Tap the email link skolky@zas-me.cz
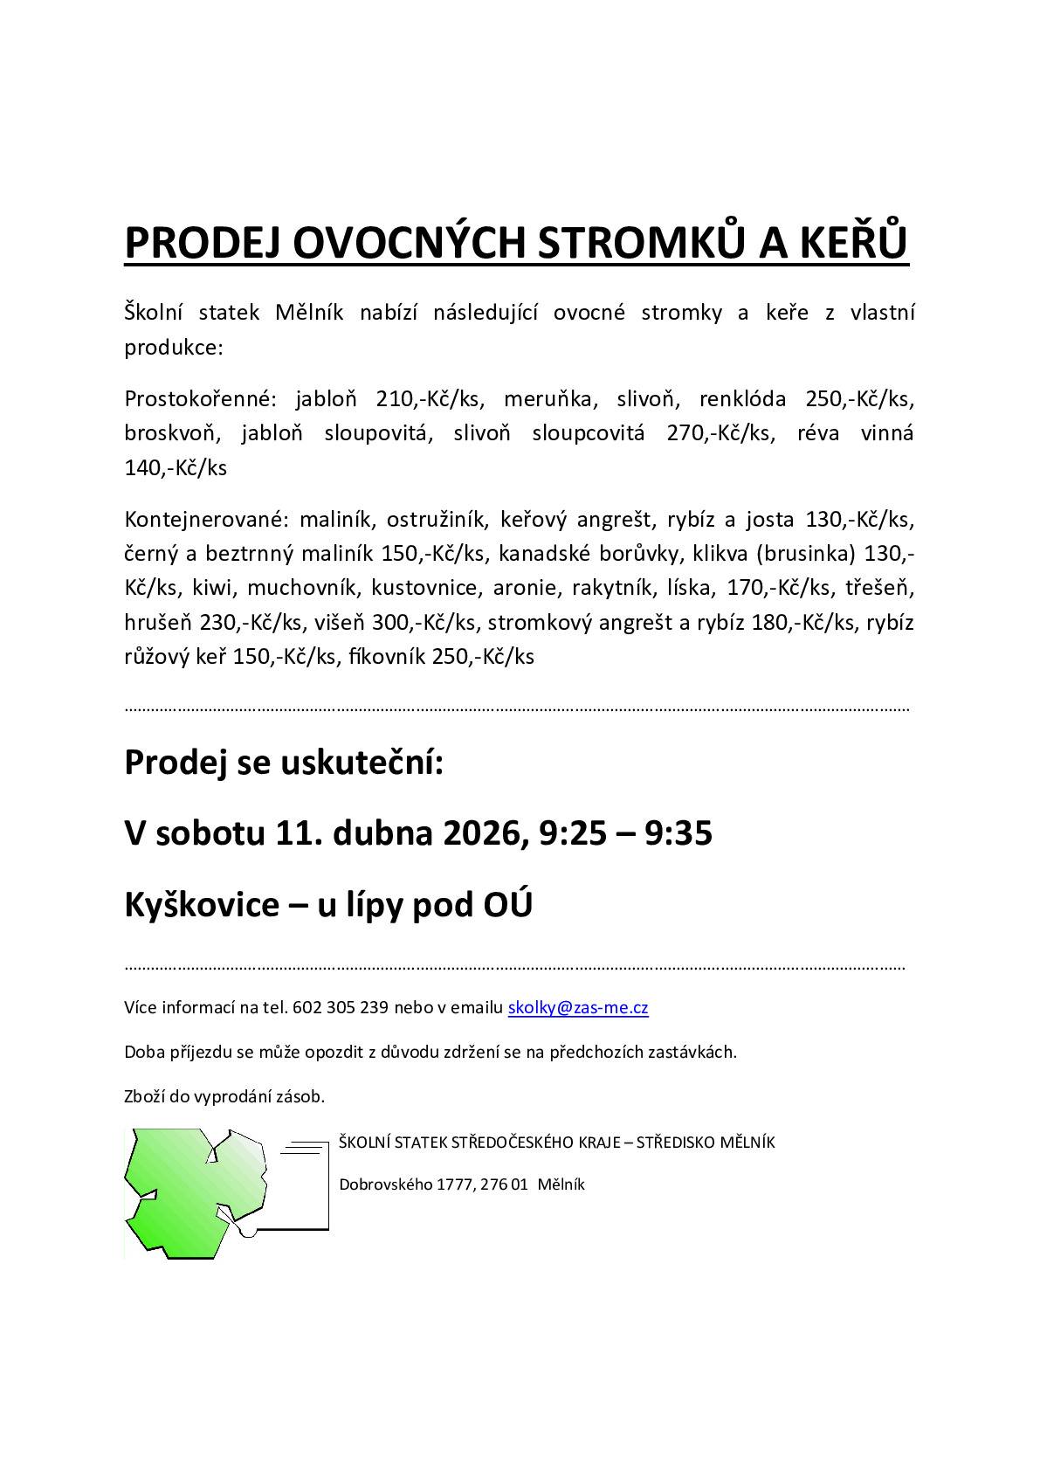[578, 1007]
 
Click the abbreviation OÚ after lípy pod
[507, 905]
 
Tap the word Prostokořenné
[200, 399]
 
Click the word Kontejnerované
[206, 520]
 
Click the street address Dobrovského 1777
[407, 1184]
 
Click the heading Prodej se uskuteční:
[285, 762]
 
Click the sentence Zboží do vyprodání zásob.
[224, 1095]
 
